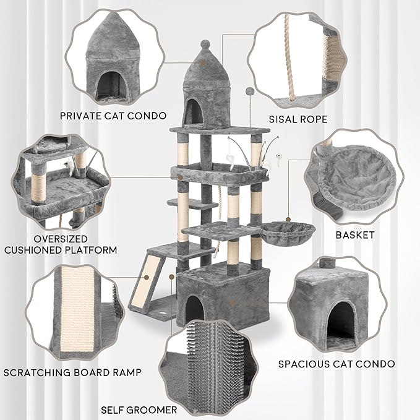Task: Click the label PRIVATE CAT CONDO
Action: [x=113, y=115]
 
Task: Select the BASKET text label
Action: [x=354, y=234]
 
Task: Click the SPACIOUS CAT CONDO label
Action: [x=336, y=364]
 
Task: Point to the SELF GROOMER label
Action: [x=139, y=409]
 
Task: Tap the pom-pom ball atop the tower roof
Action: [x=206, y=44]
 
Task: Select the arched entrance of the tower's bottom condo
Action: [x=195, y=309]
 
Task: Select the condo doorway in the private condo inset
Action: [x=109, y=85]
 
